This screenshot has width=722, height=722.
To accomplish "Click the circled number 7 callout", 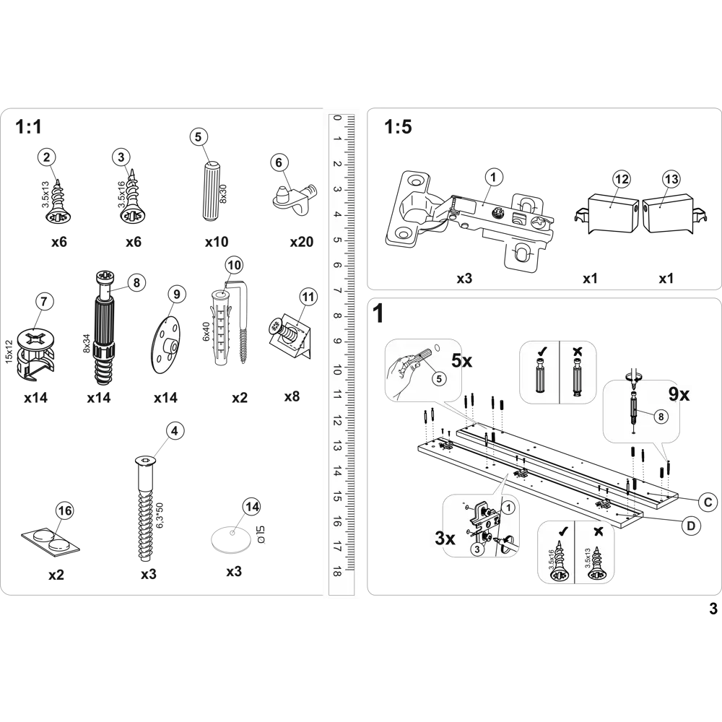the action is pyautogui.click(x=44, y=302).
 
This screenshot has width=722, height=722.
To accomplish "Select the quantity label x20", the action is pyautogui.click(x=302, y=242).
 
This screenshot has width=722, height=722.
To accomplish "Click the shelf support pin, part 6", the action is pyautogui.click(x=295, y=198).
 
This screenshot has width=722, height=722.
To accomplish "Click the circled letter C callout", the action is pyautogui.click(x=708, y=502).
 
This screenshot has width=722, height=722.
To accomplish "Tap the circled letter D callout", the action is pyautogui.click(x=691, y=526).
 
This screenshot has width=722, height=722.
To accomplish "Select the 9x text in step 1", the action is pyautogui.click(x=679, y=394).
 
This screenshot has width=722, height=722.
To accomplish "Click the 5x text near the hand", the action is pyautogui.click(x=462, y=360).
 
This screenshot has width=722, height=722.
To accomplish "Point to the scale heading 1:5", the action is pyautogui.click(x=398, y=126).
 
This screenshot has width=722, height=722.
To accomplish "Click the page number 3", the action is pyautogui.click(x=713, y=609).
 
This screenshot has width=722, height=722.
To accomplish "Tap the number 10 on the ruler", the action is pyautogui.click(x=337, y=370).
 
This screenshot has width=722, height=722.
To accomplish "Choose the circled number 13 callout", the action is pyautogui.click(x=671, y=178).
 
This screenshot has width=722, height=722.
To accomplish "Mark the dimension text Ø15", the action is pyautogui.click(x=260, y=534).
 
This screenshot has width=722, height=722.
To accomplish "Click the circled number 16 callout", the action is pyautogui.click(x=65, y=510).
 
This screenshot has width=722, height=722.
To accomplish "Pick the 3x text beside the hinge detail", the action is pyautogui.click(x=445, y=538).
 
